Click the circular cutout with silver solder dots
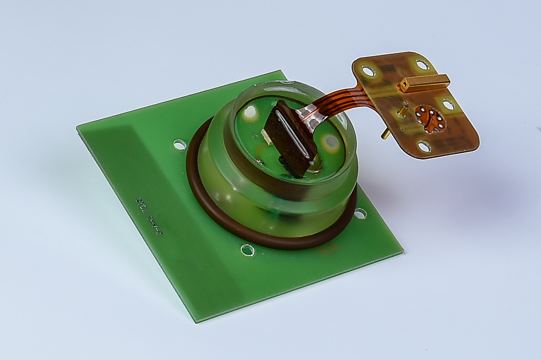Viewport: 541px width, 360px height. coord(430,119)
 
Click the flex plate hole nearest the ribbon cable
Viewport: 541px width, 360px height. coord(368,71)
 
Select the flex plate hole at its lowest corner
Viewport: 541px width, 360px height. coord(424,147)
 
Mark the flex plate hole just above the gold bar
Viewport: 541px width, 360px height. coord(422,65)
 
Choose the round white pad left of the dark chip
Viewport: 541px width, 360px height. coord(250,112)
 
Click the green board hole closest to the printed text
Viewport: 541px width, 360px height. coord(180,145)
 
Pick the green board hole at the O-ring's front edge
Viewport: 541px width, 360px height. coord(247,250)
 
